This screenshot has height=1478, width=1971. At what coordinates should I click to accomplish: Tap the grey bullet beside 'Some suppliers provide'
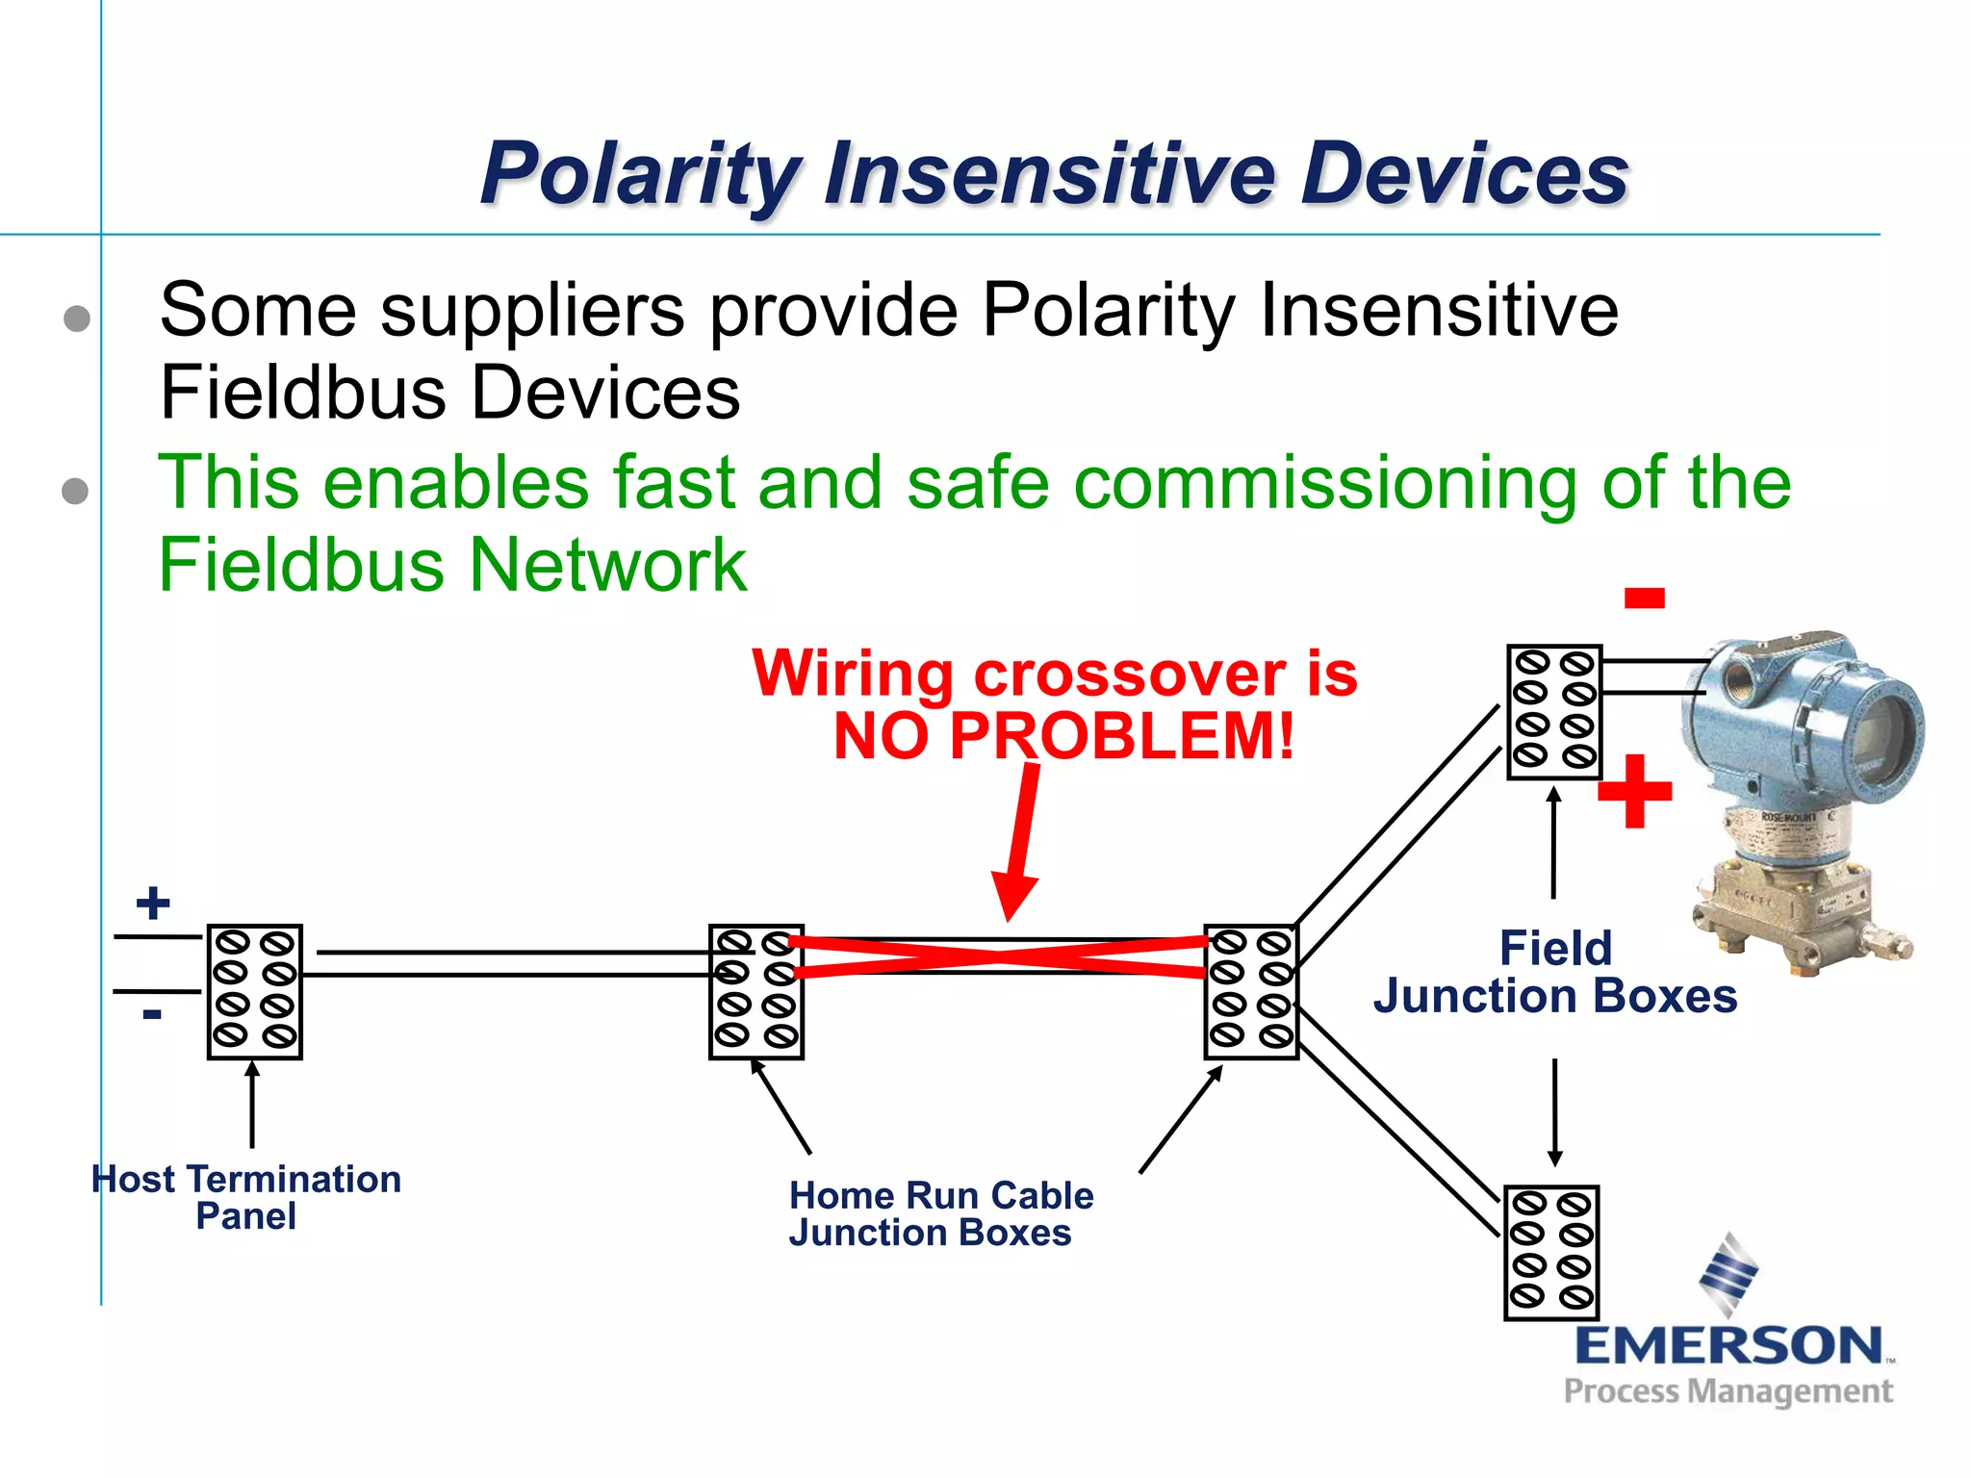coord(77,319)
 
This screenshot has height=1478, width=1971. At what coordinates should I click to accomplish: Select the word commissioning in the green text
coord(1324,483)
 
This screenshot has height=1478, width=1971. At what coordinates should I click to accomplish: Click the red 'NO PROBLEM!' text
coord(1063,736)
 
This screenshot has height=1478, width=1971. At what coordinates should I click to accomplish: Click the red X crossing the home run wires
coord(998,956)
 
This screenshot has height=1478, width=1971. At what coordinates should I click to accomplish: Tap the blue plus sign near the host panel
coord(153,904)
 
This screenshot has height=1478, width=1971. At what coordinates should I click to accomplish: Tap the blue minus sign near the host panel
coord(152,1014)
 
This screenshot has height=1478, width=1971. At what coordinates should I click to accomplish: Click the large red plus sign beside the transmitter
coord(1634,792)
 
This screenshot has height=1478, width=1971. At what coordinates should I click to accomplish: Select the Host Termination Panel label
coord(246,1197)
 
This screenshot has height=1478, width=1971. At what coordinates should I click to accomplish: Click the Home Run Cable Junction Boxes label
coord(940,1213)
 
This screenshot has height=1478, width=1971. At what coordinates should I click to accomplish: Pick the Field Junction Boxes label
coord(1555,972)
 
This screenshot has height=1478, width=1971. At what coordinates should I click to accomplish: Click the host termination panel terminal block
coord(255,992)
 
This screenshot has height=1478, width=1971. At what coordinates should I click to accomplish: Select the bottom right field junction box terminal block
coord(1551,1252)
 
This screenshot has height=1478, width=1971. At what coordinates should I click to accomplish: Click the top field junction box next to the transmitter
coord(1553,711)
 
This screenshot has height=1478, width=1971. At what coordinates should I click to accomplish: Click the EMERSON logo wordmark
coord(1728,1345)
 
